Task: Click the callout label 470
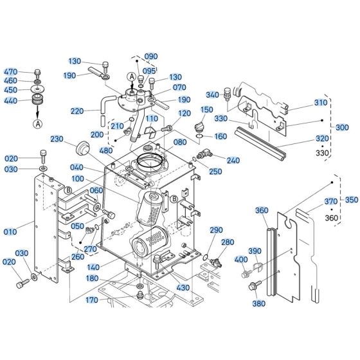pos(11,71)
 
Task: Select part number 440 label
pos(11,101)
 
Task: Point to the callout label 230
pos(57,139)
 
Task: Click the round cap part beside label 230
pos(81,148)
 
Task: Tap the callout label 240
pos(233,160)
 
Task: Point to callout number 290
pos(216,230)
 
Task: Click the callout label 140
pos(94,265)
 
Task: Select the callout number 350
pos(350,199)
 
